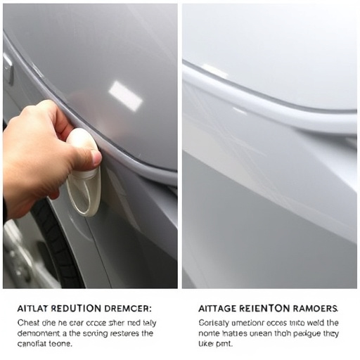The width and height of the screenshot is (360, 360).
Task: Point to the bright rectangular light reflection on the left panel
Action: click(126, 96)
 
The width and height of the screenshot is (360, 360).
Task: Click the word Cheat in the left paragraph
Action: click(30, 322)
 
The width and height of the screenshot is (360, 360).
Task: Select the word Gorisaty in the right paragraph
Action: click(209, 322)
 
